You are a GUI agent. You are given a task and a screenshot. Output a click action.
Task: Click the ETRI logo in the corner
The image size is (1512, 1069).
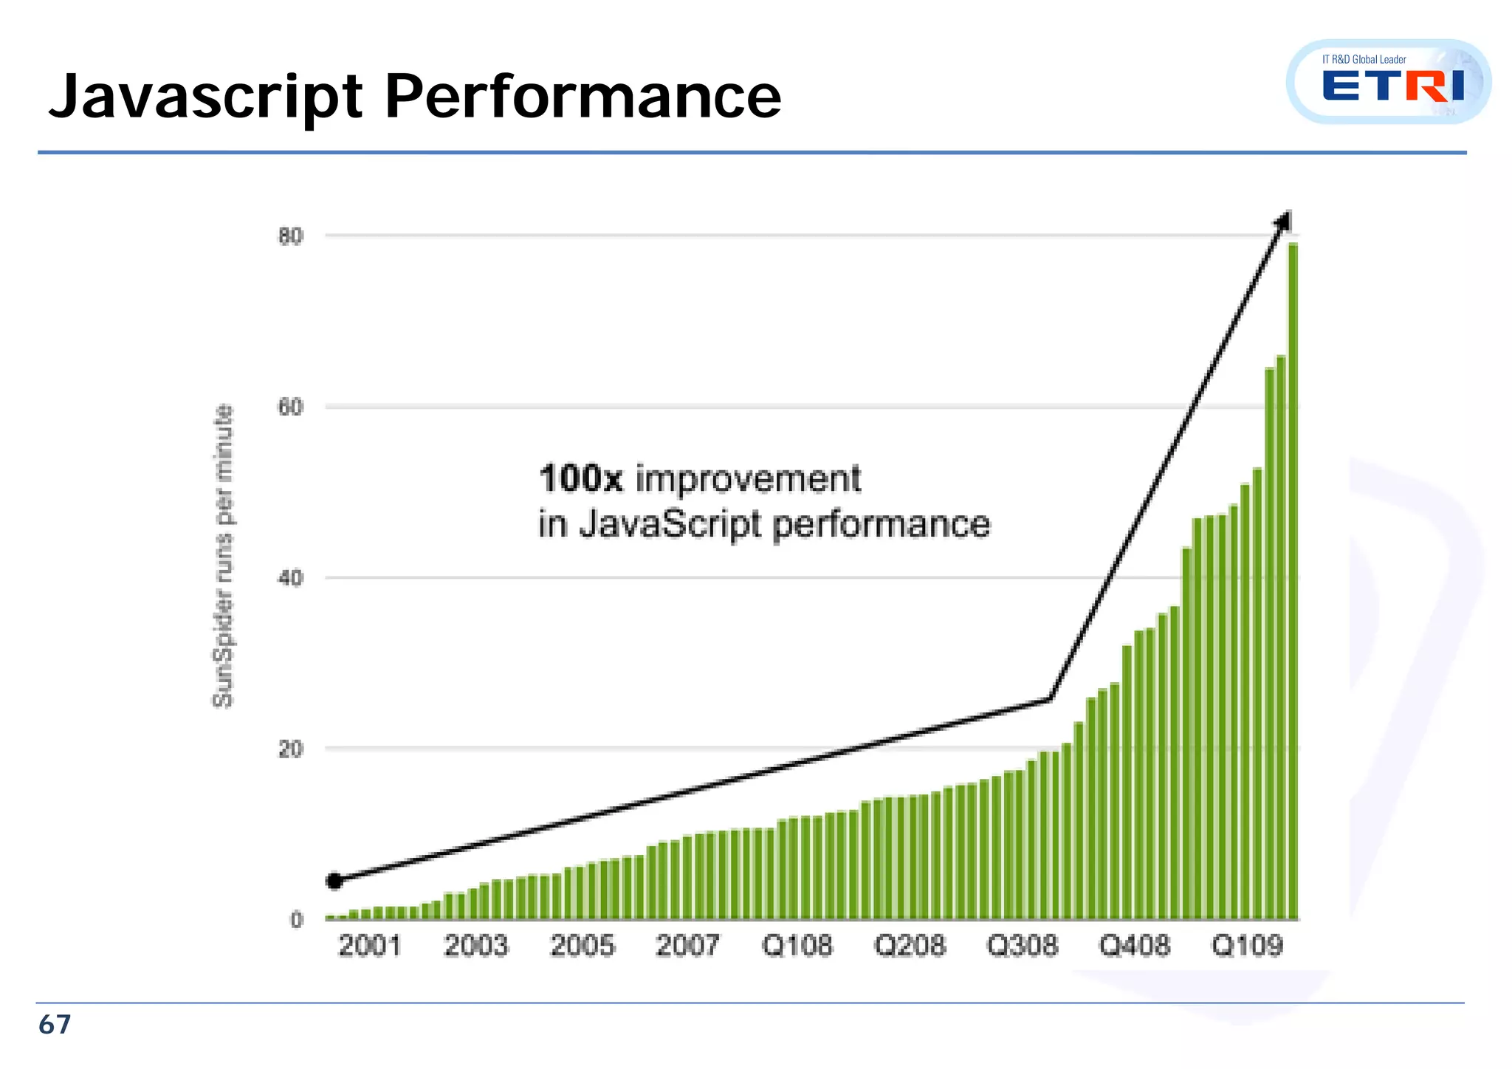1388,82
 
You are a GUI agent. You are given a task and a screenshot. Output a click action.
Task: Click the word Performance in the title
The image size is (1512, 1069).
583,97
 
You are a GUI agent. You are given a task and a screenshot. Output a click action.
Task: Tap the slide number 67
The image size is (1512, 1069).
55,1025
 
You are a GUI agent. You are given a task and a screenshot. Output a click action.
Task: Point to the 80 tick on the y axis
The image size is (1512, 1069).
290,236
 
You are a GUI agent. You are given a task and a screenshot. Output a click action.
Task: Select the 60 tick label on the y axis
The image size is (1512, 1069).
290,408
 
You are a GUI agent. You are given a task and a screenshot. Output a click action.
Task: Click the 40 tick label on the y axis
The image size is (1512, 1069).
290,578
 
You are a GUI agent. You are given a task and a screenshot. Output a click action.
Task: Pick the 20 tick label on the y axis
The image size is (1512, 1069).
290,749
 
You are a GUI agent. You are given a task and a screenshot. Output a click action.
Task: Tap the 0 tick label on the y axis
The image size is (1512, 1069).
296,920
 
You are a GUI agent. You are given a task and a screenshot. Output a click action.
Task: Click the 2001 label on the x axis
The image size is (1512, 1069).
369,946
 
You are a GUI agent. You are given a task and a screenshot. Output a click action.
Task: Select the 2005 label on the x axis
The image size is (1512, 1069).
582,946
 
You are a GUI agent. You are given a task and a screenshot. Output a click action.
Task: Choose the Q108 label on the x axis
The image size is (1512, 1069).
797,946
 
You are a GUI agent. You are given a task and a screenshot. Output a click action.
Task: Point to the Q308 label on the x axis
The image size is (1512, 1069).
1023,946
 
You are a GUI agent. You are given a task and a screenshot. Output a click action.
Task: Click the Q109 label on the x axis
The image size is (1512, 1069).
1248,946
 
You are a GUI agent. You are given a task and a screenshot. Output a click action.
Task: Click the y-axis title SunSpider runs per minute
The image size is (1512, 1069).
223,556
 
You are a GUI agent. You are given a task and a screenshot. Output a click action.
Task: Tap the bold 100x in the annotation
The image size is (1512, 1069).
581,478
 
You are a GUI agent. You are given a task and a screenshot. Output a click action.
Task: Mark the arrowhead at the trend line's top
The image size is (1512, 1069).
1285,220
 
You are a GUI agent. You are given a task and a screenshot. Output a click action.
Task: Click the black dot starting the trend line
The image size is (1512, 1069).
334,881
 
